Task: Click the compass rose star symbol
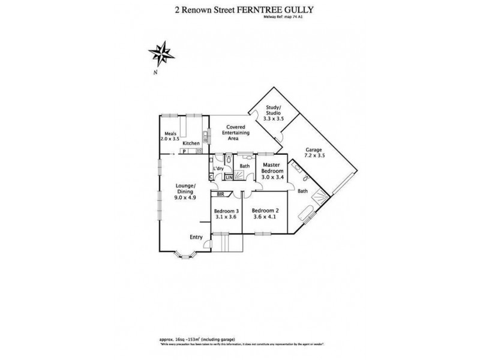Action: (161, 53)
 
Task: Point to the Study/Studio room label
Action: (274, 114)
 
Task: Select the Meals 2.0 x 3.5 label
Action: (170, 136)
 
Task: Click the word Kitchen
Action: (191, 143)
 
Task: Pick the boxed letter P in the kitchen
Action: (179, 151)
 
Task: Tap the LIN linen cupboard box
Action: (228, 177)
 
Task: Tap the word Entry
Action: (196, 238)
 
